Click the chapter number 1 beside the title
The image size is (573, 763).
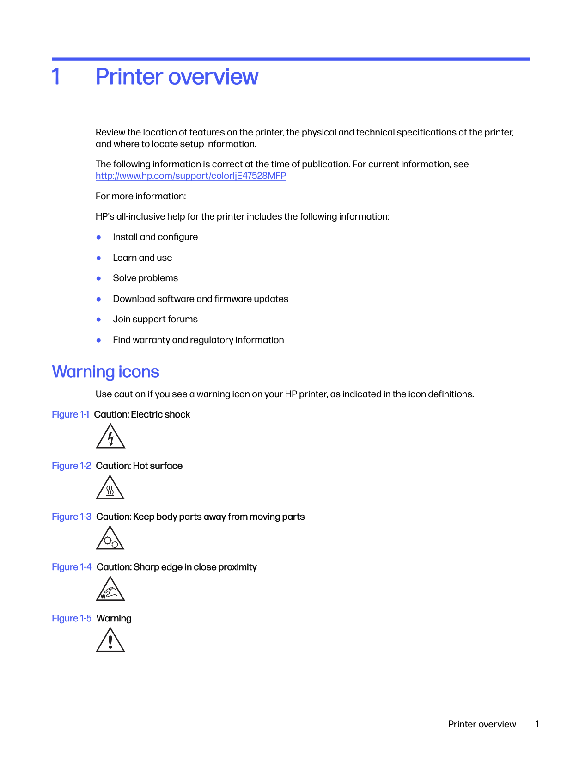tap(56, 77)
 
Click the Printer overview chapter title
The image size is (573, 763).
tap(177, 77)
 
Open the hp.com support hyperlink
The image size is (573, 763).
tap(190, 176)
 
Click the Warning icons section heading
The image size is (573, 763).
tap(105, 372)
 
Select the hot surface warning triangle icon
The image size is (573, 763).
tap(110, 488)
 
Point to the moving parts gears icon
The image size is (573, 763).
tap(110, 539)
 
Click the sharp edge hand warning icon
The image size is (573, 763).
tap(110, 590)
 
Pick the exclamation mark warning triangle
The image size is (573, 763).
tap(110, 640)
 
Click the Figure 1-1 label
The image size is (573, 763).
tap(70, 414)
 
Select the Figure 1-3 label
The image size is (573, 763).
tap(71, 517)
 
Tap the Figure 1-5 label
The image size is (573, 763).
tap(71, 618)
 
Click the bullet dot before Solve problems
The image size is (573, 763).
tap(98, 278)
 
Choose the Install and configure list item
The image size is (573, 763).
tap(155, 237)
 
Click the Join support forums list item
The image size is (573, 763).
tap(155, 319)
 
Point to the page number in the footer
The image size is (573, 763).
tap(537, 724)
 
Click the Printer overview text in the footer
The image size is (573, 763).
tap(482, 724)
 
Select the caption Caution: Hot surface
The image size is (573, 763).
tap(139, 466)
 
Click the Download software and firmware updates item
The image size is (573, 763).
tap(201, 299)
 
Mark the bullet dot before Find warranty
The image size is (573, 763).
tap(98, 340)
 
